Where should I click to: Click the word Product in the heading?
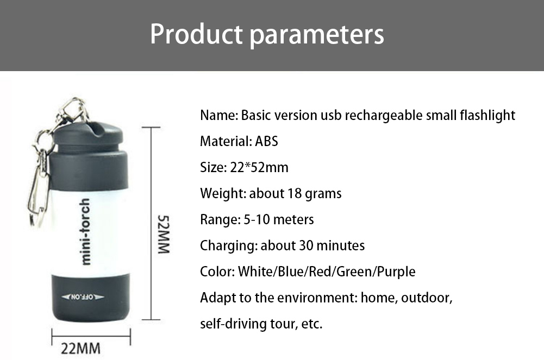(196, 34)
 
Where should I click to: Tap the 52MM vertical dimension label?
(164, 235)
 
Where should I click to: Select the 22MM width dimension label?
(80, 349)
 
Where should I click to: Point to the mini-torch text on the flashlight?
(85, 231)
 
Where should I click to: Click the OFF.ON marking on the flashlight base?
(83, 297)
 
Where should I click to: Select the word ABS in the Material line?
(266, 141)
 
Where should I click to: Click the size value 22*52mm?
(259, 167)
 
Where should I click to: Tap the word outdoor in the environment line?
(427, 298)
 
